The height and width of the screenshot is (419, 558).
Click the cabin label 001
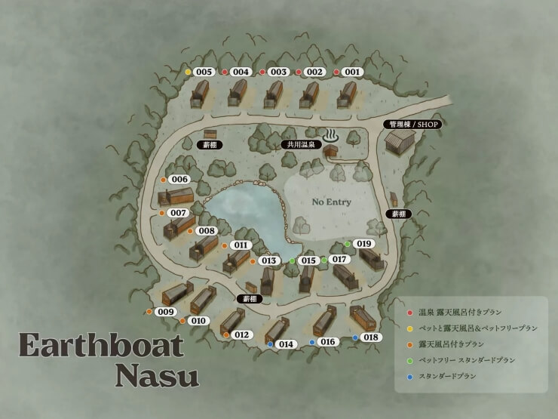[x=352, y=72]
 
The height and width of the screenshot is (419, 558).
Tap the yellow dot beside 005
[x=189, y=72]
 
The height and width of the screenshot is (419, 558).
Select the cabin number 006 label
[x=179, y=180]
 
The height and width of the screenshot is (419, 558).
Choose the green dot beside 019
[x=348, y=244]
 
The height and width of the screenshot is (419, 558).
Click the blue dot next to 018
[x=355, y=337]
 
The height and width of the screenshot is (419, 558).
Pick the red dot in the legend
[x=409, y=311]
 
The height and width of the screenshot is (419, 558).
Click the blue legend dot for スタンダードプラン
[x=409, y=375]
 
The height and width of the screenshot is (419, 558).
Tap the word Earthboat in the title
[x=101, y=346]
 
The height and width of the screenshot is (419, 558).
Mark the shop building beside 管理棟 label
[x=400, y=140]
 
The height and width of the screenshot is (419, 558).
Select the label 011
[x=241, y=245]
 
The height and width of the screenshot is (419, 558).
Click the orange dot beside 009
[x=150, y=312]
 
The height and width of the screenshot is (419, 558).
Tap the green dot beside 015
[x=293, y=260]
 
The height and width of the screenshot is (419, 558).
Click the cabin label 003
[x=278, y=72]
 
